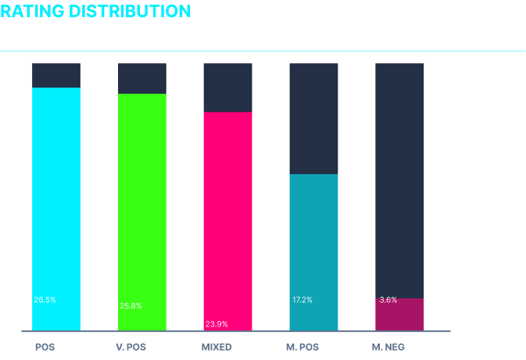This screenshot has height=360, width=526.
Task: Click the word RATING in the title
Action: tap(32, 11)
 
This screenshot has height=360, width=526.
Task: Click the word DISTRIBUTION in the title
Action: tap(130, 11)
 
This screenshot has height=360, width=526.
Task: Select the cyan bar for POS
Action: tap(56, 209)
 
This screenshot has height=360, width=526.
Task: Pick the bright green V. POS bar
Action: tap(142, 212)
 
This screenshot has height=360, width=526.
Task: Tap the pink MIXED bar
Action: tap(228, 221)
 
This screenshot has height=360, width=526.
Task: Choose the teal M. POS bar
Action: tap(314, 252)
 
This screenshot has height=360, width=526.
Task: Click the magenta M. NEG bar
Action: tap(399, 315)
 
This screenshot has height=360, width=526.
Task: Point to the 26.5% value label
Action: tap(45, 300)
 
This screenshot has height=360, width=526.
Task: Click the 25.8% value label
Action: tap(131, 305)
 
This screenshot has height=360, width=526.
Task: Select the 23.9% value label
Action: tap(216, 324)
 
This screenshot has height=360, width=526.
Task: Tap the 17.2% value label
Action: tap(302, 300)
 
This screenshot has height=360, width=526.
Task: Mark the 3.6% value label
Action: tap(388, 300)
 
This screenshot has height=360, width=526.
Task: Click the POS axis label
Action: tap(45, 347)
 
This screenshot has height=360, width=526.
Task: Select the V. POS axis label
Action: tap(131, 347)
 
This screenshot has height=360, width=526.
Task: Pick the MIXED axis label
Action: tap(216, 347)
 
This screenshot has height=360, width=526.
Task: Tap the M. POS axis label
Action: tap(302, 347)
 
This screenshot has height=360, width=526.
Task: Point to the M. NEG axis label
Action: tap(388, 347)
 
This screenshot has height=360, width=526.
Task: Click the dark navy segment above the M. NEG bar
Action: tap(399, 180)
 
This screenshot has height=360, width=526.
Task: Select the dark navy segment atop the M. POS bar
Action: tap(314, 119)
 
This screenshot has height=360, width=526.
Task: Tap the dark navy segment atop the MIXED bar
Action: tap(228, 87)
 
